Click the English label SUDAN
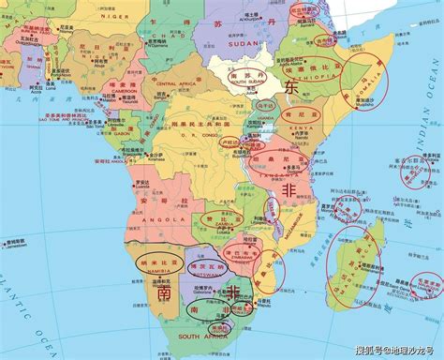click(242, 43)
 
